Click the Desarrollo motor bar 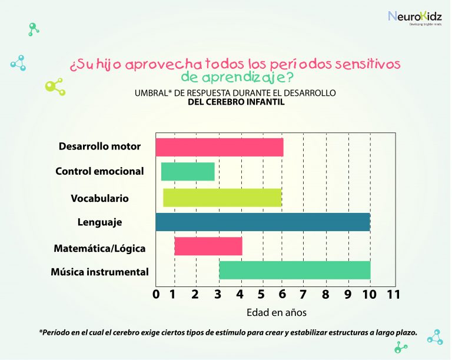[220, 148]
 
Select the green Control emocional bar [188, 172]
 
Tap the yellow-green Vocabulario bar [222, 198]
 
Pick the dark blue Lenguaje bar [263, 222]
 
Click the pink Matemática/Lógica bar [208, 246]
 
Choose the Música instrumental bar [295, 270]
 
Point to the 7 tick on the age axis [303, 294]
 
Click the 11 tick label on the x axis [394, 294]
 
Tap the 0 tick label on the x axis [156, 294]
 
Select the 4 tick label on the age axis [240, 294]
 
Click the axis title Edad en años [277, 312]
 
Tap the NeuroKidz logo [415, 18]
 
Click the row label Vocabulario [99, 198]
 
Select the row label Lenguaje [99, 222]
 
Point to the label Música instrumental [99, 272]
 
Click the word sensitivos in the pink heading [367, 64]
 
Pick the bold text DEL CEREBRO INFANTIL [236, 102]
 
